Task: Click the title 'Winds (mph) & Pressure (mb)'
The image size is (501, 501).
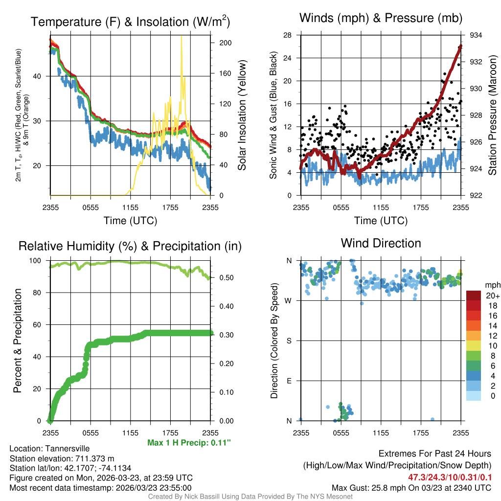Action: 381,19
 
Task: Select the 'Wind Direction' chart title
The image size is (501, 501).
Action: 381,243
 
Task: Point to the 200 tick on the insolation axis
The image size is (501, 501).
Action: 226,43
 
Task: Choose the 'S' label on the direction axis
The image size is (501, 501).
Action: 289,341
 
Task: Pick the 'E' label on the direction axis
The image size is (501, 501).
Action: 289,381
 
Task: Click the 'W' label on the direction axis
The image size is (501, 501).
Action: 288,300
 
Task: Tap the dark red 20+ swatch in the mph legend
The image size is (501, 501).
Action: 474,296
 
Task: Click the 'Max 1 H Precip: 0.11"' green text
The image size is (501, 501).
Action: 189,443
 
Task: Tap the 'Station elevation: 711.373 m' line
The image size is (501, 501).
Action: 62,458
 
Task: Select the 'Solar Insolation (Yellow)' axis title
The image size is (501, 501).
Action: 242,115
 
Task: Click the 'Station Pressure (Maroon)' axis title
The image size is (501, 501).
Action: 493,115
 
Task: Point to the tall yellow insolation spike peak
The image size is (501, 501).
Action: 182,37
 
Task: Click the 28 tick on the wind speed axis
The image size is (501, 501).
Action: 289,35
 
